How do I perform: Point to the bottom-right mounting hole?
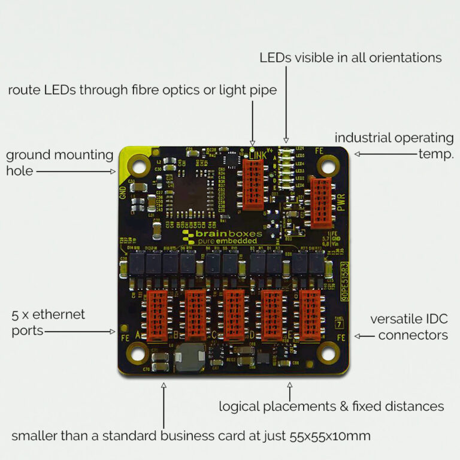(x=328, y=353)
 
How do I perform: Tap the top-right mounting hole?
(x=328, y=164)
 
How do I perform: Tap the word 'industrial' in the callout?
(x=361, y=138)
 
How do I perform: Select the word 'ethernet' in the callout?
(x=62, y=314)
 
